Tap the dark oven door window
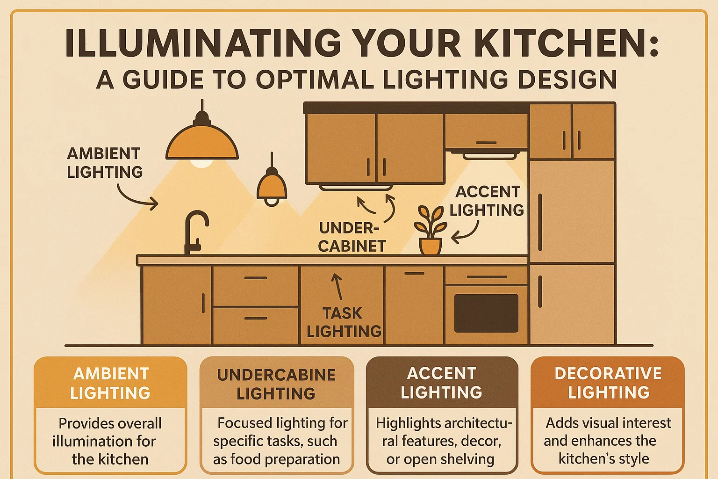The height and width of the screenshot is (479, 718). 486,313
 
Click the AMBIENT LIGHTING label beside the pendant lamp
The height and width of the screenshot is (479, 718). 105,163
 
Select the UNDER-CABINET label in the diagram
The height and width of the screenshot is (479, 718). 351,237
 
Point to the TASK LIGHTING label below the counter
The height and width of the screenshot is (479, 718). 344,322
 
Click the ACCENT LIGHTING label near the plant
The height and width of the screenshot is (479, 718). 487,201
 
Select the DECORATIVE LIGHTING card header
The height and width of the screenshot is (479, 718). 608,383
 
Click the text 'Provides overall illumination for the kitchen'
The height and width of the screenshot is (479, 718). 110,441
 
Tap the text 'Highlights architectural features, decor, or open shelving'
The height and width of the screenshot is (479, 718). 442,441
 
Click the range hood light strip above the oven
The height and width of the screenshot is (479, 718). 490,155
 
